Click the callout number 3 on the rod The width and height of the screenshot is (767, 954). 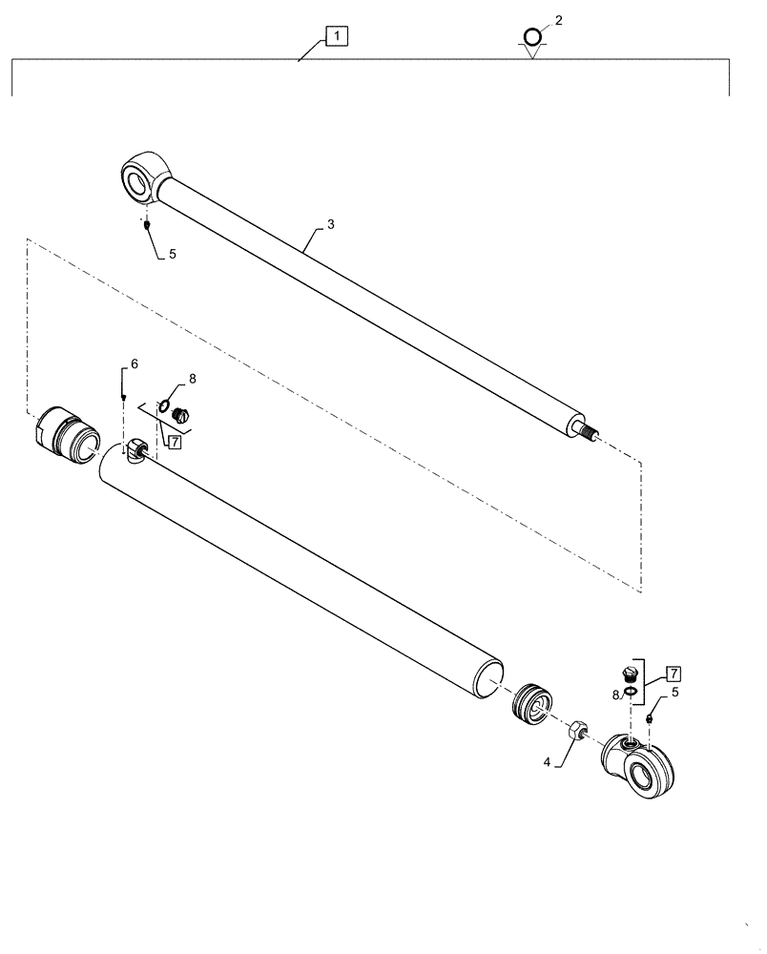(x=330, y=225)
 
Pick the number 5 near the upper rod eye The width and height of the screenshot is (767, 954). (x=173, y=255)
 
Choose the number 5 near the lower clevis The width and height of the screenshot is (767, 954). (x=674, y=693)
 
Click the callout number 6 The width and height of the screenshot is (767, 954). (x=134, y=364)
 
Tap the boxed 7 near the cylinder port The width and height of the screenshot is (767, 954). (x=173, y=442)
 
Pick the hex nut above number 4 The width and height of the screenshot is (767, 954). (x=578, y=732)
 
